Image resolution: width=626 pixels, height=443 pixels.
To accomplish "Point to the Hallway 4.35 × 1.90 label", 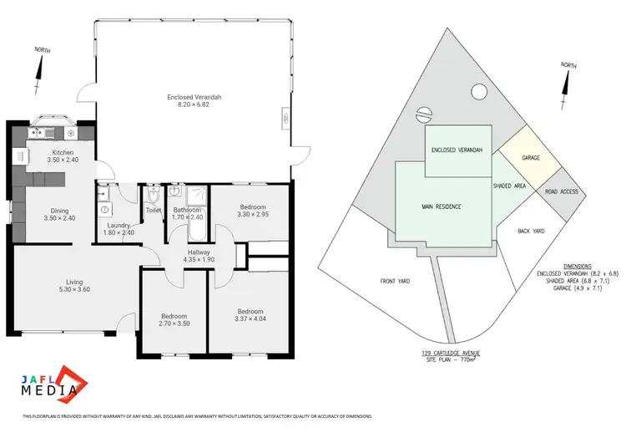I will pos(199,256).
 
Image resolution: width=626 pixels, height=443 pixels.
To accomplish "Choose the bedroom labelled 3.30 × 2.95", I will pos(253,211).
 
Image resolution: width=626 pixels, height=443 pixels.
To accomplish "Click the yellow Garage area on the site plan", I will pos(529,158).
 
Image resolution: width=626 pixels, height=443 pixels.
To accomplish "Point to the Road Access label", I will pos(561,191).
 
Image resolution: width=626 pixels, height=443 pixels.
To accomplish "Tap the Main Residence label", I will pos(442,206).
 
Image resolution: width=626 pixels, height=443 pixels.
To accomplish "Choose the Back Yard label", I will pos(531,231).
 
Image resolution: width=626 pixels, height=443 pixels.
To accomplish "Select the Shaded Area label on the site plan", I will pos(508,186).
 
